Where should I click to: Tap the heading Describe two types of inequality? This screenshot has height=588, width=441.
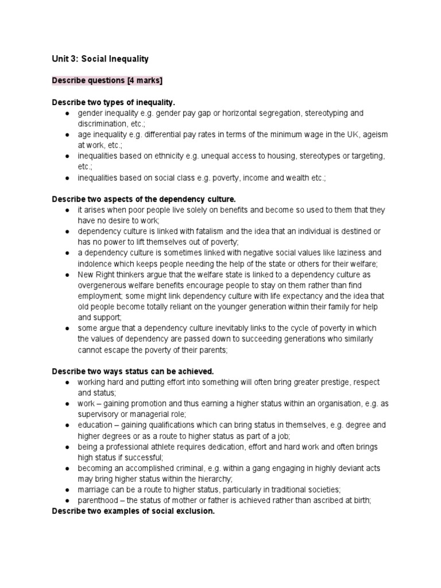tap(113, 103)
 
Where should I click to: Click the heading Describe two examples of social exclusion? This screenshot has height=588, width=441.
tap(133, 511)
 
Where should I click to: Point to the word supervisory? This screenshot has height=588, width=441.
tap(99, 415)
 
